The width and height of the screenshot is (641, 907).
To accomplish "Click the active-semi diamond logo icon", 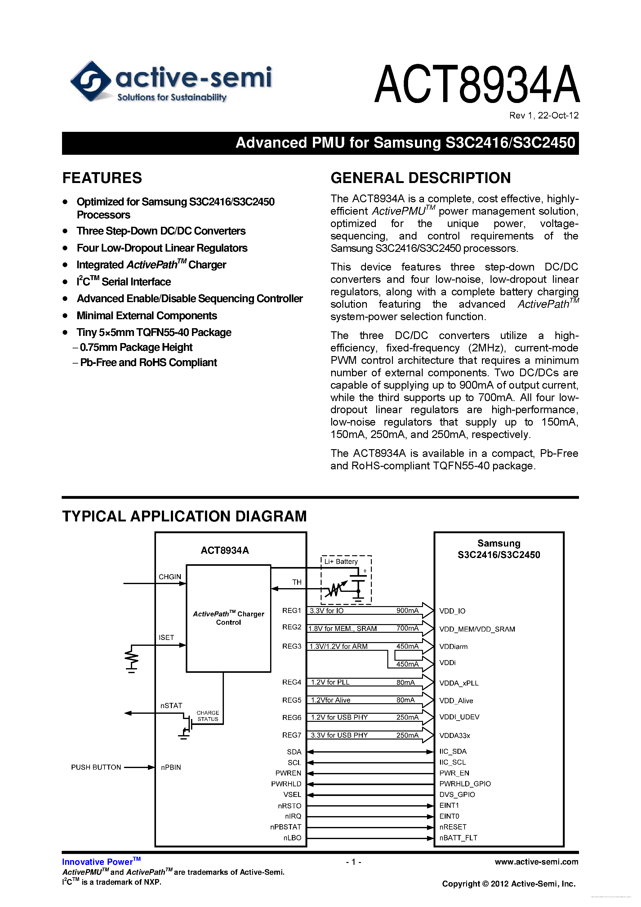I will (x=91, y=81).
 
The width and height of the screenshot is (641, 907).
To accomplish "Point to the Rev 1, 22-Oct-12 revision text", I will (x=543, y=115).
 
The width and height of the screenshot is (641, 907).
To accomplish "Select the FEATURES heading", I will (x=102, y=178).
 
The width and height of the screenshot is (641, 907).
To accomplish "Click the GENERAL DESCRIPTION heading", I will (x=420, y=178).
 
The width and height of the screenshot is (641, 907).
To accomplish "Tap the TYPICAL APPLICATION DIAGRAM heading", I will (x=184, y=516).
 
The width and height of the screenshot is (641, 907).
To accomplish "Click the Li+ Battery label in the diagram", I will (x=341, y=561).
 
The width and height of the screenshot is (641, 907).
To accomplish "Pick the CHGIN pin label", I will (x=170, y=577).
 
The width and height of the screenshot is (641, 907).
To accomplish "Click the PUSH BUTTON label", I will (x=96, y=767).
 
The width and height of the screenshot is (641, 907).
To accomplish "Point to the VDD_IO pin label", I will (x=452, y=611).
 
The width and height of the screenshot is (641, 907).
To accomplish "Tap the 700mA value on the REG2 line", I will (x=407, y=628).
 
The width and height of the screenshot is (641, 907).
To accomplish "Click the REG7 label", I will (x=292, y=735).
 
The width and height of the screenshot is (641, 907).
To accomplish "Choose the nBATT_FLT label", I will (x=458, y=838).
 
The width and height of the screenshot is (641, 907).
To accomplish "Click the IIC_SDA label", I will (x=453, y=751).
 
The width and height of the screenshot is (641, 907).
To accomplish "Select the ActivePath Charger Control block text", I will (x=228, y=618).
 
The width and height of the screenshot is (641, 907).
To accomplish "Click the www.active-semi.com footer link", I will (x=536, y=862).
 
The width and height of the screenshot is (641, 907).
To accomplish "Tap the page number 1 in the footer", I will (x=354, y=862).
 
